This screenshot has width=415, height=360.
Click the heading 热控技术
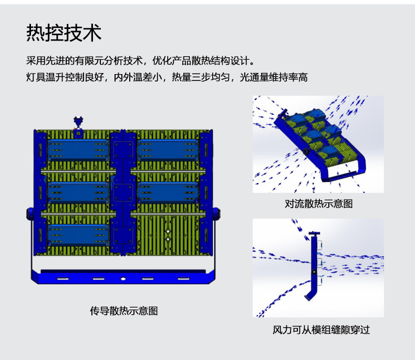pyautogui.click(x=64, y=33)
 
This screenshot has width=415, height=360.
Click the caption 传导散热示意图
pyautogui.click(x=123, y=311)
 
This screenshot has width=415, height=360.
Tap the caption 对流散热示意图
pyautogui.click(x=318, y=203)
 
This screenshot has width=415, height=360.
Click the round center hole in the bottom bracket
pyautogui.click(x=123, y=279)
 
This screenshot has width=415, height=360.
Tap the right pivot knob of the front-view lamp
pyautogui.click(x=216, y=215)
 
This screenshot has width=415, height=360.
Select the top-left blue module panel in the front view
pyautogui.click(x=78, y=150)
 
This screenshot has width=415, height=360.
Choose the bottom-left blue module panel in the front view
pyautogui.click(x=78, y=233)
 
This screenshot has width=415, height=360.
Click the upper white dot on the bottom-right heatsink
pyautogui.click(x=168, y=232)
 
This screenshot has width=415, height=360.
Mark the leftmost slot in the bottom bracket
pyautogui.click(x=63, y=279)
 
